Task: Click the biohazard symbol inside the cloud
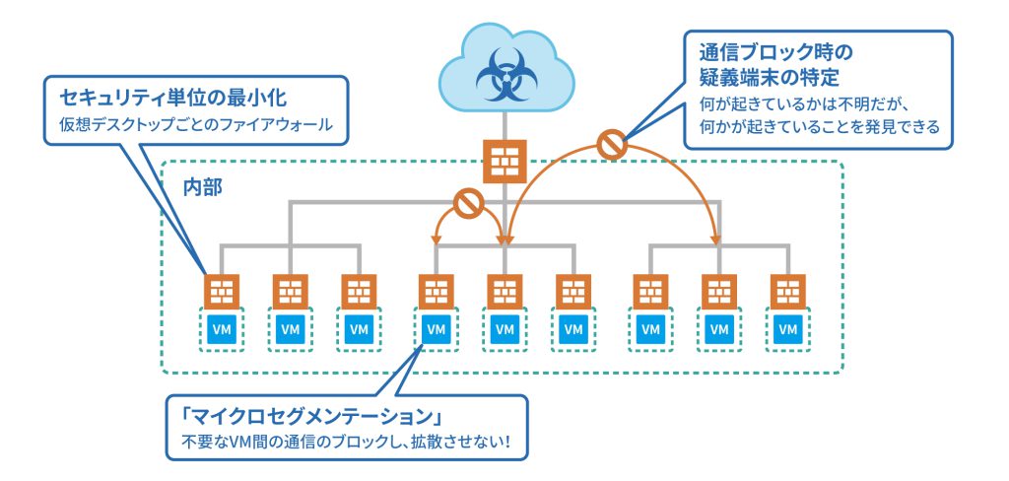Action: (x=504, y=72)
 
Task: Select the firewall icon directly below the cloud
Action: (x=504, y=161)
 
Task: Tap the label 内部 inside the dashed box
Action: (x=202, y=187)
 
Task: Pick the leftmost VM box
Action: (x=223, y=327)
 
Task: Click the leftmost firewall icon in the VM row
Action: (x=223, y=291)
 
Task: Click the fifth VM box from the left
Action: (x=504, y=327)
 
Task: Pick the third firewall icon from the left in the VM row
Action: (x=358, y=291)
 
